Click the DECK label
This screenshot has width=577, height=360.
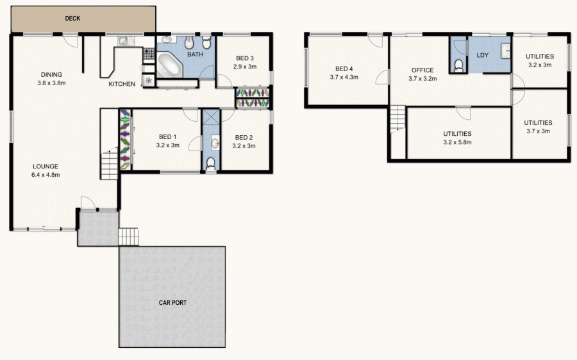point(72,19)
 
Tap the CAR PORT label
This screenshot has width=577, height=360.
point(172,302)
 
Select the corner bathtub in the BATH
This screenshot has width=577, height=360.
point(169,66)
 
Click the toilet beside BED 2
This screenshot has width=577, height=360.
point(210,163)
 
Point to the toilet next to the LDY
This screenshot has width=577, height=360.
point(458,65)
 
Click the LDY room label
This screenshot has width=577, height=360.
point(483,55)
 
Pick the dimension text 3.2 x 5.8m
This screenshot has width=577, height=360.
point(457,142)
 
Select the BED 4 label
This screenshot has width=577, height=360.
point(344,69)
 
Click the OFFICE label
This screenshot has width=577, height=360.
point(422,70)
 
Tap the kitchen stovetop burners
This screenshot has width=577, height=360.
point(149,54)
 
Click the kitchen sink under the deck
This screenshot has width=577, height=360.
point(124,42)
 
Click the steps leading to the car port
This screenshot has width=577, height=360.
point(129,236)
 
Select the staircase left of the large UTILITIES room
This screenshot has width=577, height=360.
point(398,121)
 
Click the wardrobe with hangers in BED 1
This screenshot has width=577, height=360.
point(124,140)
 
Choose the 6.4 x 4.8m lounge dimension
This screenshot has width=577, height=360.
point(46,174)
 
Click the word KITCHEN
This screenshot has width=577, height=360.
point(121,85)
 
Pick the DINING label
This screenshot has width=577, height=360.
point(51,74)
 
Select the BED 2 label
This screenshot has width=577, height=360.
point(245,137)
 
